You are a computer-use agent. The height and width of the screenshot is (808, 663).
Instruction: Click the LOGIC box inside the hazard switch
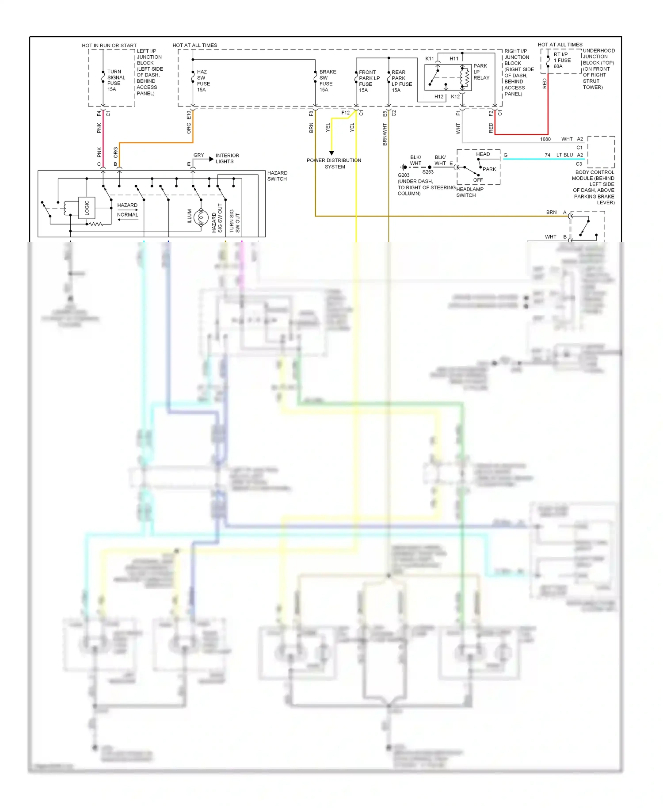tap(87, 208)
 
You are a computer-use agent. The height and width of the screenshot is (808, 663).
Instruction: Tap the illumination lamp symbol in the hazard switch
tap(201, 217)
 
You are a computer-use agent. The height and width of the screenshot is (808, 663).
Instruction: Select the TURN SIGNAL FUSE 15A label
tap(116, 80)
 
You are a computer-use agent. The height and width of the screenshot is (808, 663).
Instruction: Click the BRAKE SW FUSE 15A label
tap(328, 81)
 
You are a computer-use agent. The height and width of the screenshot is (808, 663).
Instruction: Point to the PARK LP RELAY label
tap(481, 72)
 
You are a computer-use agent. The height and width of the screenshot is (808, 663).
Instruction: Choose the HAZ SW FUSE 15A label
tap(203, 81)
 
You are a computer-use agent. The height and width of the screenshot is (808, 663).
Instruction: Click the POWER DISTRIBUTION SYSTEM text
tap(334, 164)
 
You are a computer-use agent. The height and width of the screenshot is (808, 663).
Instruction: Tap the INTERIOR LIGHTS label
tap(227, 158)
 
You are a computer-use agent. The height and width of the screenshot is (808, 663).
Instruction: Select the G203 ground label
tap(404, 175)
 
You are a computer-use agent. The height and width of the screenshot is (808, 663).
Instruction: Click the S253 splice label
tap(428, 172)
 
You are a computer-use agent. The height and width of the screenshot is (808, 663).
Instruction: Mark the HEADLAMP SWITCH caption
tap(469, 192)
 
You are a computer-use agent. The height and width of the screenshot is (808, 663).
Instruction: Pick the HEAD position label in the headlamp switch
tap(483, 154)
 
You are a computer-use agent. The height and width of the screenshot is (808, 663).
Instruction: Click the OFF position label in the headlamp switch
tap(478, 180)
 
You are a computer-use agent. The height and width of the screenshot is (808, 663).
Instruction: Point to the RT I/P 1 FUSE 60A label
tap(562, 61)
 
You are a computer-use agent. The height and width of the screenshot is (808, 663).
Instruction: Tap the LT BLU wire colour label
tap(564, 155)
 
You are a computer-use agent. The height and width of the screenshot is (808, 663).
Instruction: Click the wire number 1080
tap(545, 139)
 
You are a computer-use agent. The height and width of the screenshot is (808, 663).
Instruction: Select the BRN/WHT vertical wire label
tap(385, 134)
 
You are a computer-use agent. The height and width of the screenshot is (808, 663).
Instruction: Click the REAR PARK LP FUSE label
tap(401, 81)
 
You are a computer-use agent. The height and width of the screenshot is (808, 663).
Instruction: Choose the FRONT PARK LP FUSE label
tap(369, 81)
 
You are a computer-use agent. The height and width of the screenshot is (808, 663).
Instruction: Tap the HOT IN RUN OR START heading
tap(109, 46)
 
